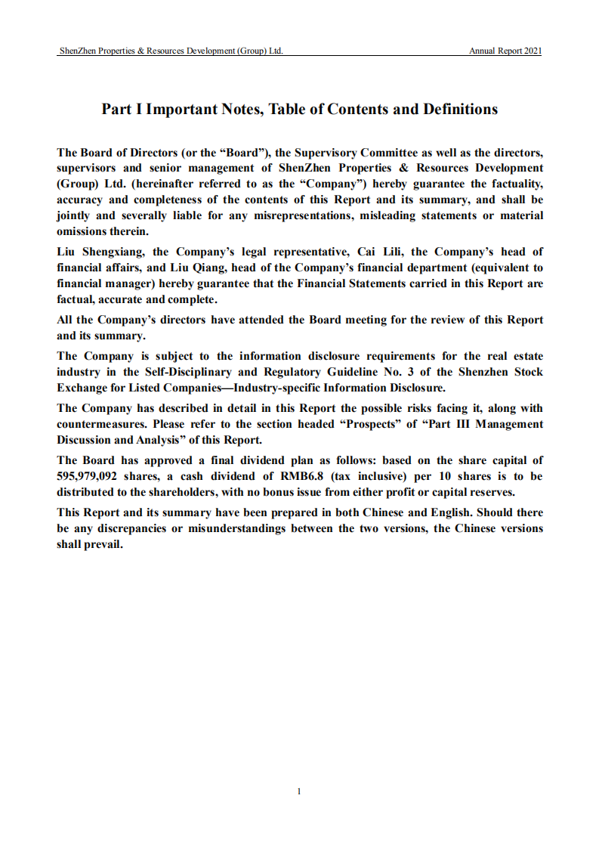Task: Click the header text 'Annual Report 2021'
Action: (505, 51)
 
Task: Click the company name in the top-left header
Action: (171, 51)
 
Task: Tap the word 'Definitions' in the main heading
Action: (459, 109)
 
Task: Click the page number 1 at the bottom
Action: (299, 791)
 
